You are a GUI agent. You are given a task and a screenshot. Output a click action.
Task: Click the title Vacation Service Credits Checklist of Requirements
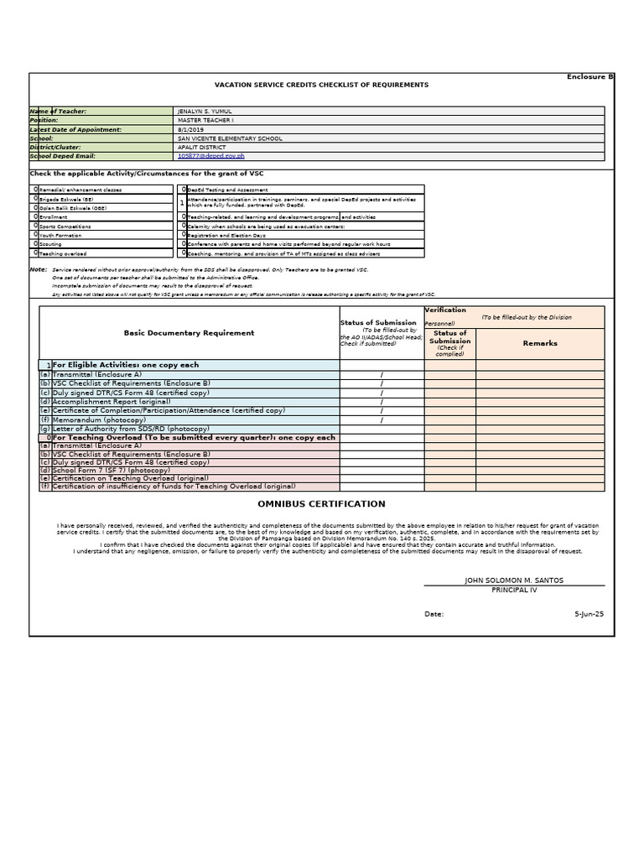(321, 85)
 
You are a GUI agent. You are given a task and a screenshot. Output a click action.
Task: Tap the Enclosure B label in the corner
(590, 76)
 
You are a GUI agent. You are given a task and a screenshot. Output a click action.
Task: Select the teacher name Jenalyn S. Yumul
(205, 112)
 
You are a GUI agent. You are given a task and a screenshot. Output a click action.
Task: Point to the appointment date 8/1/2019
(190, 130)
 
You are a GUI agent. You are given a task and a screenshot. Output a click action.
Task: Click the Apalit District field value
(202, 148)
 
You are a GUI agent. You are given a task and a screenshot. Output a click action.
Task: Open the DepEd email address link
(211, 156)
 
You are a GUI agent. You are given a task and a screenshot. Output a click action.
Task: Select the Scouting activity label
(53, 244)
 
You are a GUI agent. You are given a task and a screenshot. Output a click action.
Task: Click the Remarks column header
(539, 343)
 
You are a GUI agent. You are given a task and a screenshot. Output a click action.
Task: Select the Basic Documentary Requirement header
(189, 333)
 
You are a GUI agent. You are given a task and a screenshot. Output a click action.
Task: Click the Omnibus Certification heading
(321, 504)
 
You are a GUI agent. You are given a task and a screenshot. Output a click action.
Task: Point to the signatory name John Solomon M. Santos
(513, 580)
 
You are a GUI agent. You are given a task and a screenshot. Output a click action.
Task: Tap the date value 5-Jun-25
(589, 614)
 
